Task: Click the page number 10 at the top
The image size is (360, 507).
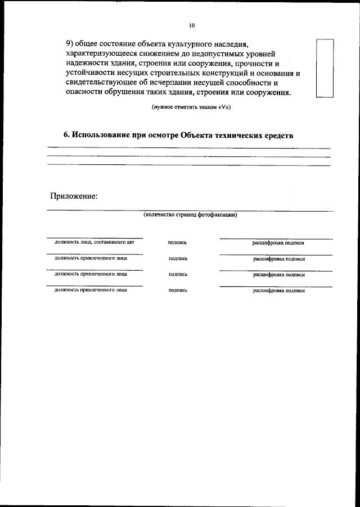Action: coord(191,26)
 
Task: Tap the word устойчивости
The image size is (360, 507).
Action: coord(92,73)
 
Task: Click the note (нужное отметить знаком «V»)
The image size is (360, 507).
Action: coord(191,107)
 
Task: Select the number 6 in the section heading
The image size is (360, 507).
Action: coord(66,136)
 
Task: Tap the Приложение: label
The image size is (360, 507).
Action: coord(74,196)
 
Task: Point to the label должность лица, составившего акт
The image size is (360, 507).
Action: coord(94,242)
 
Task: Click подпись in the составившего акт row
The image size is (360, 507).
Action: coord(177,243)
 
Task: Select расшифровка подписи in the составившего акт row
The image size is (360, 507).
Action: coord(279,243)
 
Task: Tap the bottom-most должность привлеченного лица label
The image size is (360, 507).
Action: coord(91,290)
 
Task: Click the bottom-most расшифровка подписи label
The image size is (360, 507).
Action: coord(279,291)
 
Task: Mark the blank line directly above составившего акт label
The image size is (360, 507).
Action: coord(94,237)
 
